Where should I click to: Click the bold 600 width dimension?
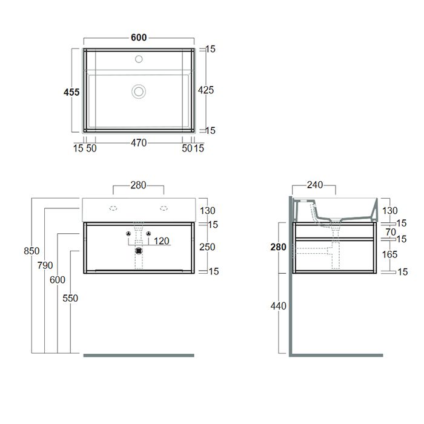[139, 38]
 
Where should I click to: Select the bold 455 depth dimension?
[71, 92]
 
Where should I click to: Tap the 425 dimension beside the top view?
[206, 90]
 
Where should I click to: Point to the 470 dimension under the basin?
[139, 143]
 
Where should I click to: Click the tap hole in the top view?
[139, 59]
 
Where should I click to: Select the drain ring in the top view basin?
[139, 91]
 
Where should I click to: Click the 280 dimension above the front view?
[139, 185]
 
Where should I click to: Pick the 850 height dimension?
[31, 251]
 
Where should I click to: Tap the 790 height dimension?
[45, 265]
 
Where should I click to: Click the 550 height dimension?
[70, 298]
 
